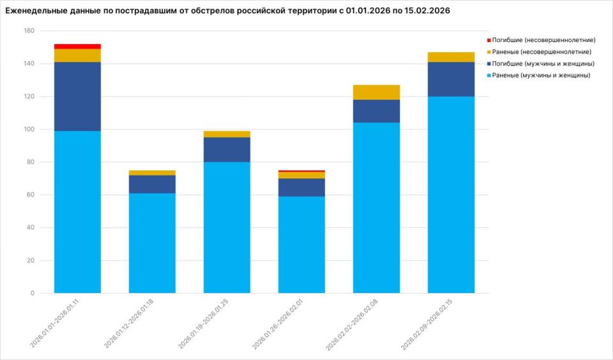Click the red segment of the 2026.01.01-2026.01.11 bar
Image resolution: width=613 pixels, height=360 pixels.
[77, 47]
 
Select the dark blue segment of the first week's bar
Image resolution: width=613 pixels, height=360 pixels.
[77, 96]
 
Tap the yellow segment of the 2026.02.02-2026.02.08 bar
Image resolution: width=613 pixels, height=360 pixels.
[377, 92]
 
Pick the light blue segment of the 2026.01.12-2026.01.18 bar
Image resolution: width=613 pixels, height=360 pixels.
[152, 243]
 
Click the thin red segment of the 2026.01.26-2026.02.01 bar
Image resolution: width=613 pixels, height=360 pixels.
[301, 171]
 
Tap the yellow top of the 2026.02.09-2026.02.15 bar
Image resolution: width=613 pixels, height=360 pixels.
[451, 57]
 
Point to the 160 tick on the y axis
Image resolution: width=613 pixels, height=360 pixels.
[28, 31]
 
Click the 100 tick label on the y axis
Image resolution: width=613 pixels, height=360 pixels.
[28, 130]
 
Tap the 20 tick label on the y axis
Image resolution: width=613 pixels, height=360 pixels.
[30, 260]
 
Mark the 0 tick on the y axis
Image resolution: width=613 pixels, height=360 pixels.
[32, 294]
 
